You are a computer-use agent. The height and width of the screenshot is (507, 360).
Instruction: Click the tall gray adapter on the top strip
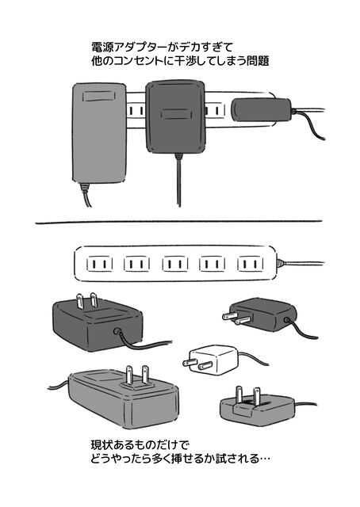[x=99, y=132]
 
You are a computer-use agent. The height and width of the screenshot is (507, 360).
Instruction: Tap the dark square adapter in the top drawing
[x=175, y=116]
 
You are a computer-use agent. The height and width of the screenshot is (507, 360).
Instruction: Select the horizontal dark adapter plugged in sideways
[x=262, y=110]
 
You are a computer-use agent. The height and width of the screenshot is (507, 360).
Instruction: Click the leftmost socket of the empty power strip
[x=99, y=264]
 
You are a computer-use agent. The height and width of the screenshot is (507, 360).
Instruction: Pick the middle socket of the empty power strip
[x=175, y=264]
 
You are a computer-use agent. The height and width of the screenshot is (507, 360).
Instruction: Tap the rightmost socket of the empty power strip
[x=251, y=264]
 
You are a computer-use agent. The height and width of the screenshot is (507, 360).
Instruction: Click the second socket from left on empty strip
[x=136, y=264]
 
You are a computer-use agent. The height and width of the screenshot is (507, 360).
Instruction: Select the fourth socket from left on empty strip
[x=213, y=264]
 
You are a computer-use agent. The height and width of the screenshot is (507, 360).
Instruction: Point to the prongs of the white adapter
[x=197, y=364]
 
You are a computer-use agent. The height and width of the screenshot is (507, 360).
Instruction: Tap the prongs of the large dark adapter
[x=86, y=301]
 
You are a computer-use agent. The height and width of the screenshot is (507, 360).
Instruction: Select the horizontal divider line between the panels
[x=178, y=222]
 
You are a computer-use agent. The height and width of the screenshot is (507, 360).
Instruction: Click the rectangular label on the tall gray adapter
[x=99, y=96]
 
